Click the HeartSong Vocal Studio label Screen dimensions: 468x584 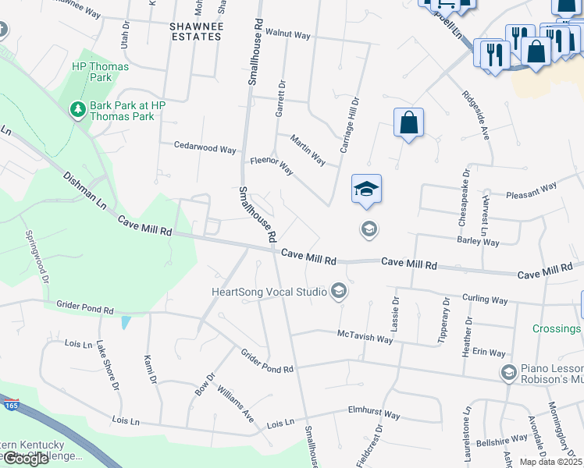[x=269, y=292]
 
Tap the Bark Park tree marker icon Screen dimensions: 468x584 [x=78, y=110]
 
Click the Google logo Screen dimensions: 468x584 [x=26, y=459]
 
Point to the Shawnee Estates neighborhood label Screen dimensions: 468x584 [x=196, y=31]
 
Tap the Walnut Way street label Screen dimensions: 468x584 [x=288, y=36]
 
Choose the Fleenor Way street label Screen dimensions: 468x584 [x=271, y=166]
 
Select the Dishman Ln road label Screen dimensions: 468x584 [x=84, y=192]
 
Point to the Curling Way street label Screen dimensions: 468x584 [x=484, y=300]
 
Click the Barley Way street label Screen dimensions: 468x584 [x=479, y=243]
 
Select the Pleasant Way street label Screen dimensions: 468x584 [x=531, y=187]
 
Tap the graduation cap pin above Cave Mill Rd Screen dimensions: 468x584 [x=366, y=190]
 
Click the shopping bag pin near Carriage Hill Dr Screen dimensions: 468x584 [x=408, y=123]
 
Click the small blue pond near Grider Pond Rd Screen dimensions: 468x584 [x=126, y=321]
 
